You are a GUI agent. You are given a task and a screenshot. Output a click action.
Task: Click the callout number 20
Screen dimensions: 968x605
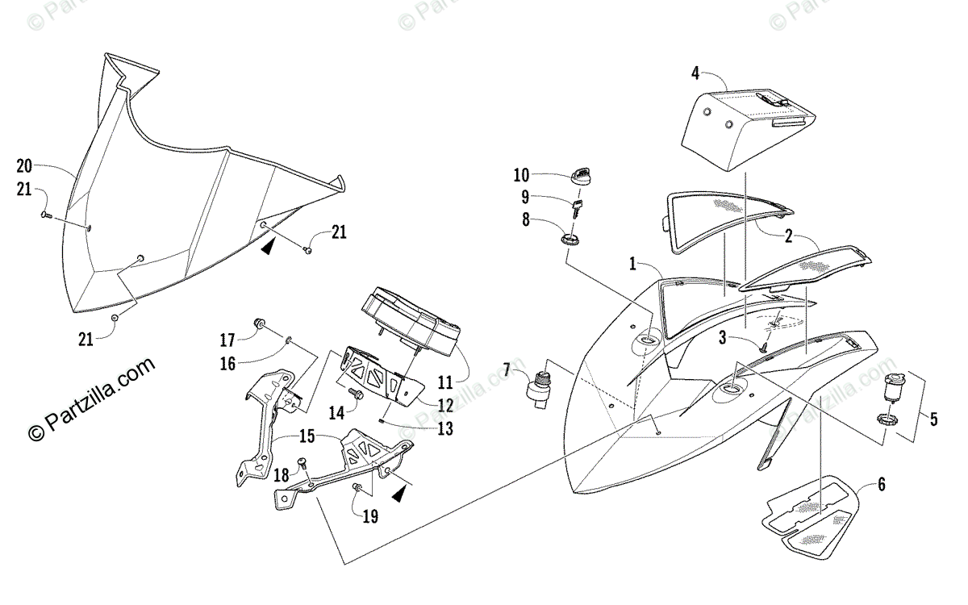24,166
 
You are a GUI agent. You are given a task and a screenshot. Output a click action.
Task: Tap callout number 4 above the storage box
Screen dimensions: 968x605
695,73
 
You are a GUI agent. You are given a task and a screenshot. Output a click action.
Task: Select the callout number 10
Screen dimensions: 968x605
521,175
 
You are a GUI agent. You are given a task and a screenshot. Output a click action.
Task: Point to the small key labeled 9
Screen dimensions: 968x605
578,209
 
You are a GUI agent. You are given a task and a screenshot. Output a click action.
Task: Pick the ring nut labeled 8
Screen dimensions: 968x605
570,239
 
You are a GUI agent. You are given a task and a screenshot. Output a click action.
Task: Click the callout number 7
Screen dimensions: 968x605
507,370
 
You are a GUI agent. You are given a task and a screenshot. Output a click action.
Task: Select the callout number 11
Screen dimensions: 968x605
445,382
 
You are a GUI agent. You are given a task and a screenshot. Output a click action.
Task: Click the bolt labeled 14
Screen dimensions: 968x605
355,394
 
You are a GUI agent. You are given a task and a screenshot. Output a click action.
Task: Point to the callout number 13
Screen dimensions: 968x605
445,428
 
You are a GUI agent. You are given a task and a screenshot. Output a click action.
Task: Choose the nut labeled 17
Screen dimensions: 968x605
260,323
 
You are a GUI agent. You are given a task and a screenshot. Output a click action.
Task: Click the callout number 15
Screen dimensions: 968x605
307,436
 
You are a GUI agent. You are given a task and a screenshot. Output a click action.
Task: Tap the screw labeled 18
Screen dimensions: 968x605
302,462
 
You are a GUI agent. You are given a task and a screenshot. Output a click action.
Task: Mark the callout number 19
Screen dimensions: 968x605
370,516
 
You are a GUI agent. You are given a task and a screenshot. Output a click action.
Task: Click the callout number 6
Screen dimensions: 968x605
882,484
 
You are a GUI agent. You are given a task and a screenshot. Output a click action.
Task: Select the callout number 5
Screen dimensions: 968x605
933,419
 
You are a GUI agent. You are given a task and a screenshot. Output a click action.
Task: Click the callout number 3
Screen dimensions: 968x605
723,337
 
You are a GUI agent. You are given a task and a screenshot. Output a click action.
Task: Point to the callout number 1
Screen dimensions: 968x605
632,264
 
